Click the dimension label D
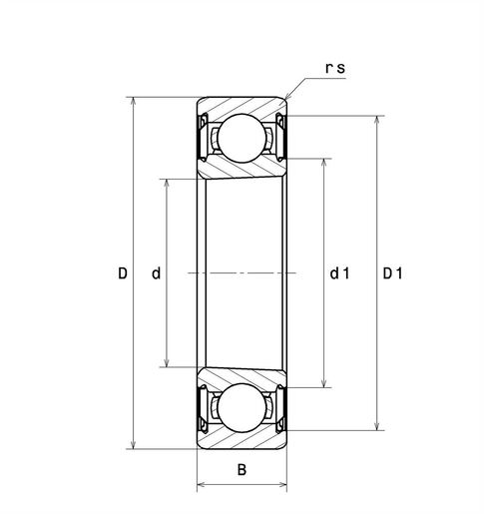[x=123, y=273]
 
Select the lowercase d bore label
[x=156, y=273]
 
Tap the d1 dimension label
[x=339, y=273]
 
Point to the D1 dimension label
[x=392, y=273]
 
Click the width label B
[x=242, y=470]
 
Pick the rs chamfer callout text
[x=335, y=68]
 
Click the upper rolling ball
[x=242, y=138]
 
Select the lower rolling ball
[x=242, y=408]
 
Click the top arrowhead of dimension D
[x=133, y=101]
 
